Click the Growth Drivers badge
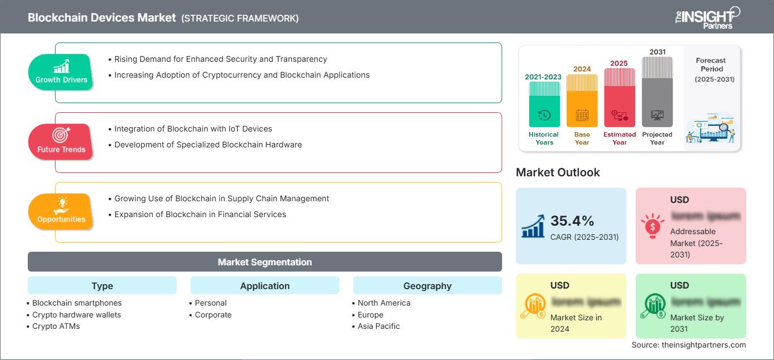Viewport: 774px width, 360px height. (61, 72)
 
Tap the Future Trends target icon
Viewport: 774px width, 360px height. (61, 135)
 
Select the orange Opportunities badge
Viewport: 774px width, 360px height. (61, 211)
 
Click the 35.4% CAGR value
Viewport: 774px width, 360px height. (572, 221)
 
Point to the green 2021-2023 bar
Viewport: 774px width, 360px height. (544, 105)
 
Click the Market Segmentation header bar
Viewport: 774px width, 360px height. (265, 262)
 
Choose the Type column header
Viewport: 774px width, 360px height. (102, 286)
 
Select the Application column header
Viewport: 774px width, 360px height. (265, 286)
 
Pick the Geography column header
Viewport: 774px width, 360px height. (427, 286)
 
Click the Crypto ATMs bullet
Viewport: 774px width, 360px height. (56, 326)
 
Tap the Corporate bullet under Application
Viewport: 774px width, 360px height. (213, 315)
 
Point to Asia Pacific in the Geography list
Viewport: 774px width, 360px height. (379, 326)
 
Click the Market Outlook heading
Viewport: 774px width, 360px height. (558, 172)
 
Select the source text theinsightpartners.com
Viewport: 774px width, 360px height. (688, 345)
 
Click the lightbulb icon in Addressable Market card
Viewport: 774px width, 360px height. (652, 225)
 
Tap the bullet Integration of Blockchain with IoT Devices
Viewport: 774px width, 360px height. (193, 129)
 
